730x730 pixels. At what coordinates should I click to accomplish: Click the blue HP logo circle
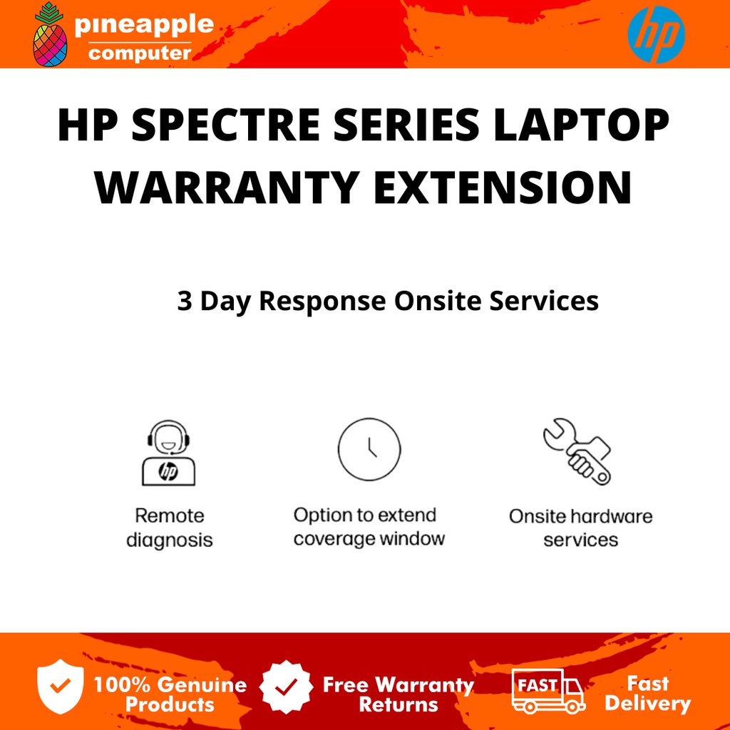(x=656, y=35)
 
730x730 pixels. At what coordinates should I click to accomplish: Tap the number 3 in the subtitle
(x=185, y=301)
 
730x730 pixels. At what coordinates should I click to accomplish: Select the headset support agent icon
(x=168, y=453)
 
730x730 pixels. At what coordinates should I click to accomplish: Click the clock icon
(x=369, y=449)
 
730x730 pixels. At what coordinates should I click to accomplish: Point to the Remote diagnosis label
(x=170, y=528)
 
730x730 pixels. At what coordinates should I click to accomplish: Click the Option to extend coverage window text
(x=369, y=527)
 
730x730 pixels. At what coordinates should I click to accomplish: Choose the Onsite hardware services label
(x=580, y=528)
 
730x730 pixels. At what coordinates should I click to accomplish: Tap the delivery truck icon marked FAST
(x=547, y=690)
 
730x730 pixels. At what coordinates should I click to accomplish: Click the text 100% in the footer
(x=122, y=686)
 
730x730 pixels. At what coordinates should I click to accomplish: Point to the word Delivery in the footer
(x=648, y=704)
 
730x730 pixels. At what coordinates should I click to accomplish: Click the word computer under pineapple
(x=140, y=53)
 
